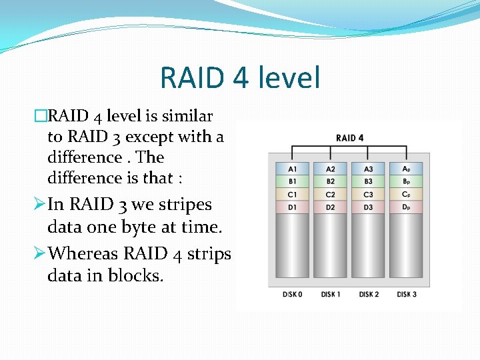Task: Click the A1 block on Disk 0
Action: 293,168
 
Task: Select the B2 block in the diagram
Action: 331,181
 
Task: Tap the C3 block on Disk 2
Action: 369,195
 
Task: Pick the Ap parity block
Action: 407,168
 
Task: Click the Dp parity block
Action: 407,207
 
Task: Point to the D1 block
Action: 293,207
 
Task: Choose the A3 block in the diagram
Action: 369,168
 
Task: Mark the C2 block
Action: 331,195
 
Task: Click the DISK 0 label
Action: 292,294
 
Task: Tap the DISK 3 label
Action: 407,294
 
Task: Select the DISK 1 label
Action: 331,294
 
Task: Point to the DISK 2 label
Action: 369,294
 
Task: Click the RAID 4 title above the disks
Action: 349,138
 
